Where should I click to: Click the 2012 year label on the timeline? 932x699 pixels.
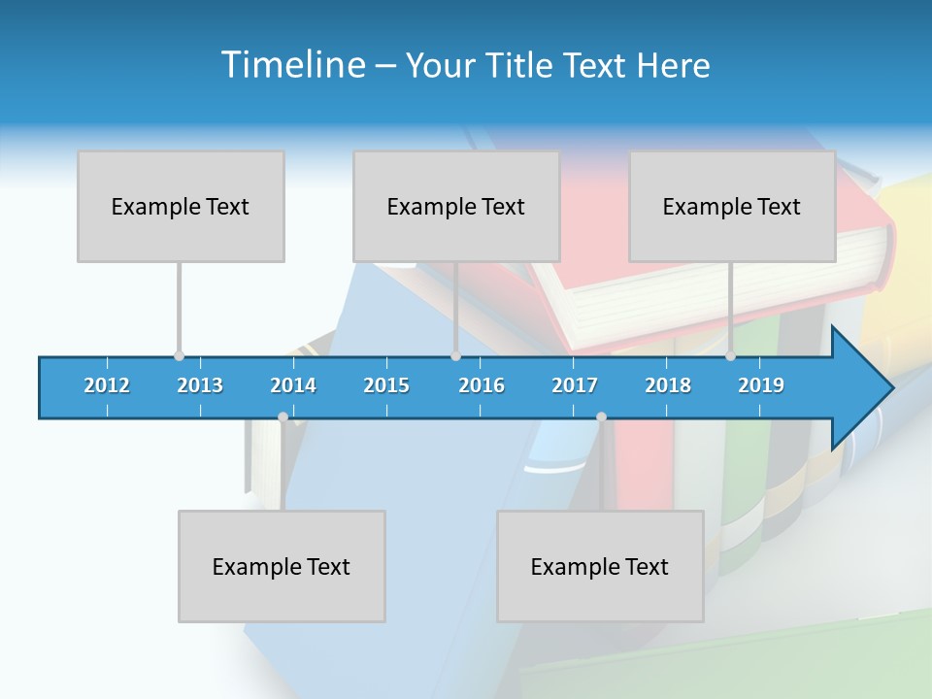[107, 385]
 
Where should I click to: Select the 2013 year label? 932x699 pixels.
[200, 385]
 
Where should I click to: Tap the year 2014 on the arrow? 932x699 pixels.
[293, 385]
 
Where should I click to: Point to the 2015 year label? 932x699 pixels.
[386, 385]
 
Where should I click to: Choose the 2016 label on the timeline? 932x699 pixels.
[482, 385]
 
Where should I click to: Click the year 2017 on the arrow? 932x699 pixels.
[575, 385]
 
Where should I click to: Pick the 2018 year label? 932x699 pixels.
[668, 385]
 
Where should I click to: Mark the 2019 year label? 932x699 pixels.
[761, 385]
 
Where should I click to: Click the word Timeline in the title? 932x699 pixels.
[292, 65]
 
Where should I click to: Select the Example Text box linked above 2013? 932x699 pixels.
[181, 206]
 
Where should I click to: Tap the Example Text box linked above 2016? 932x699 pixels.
[456, 206]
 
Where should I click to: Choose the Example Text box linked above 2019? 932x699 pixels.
[732, 206]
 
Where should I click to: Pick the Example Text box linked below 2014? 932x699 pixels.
[282, 566]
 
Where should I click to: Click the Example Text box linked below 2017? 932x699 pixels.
[600, 566]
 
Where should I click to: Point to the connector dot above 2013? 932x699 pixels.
[179, 356]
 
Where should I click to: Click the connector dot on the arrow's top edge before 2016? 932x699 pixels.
[455, 356]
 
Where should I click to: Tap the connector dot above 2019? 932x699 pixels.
[730, 356]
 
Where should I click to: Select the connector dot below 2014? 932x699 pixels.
[283, 417]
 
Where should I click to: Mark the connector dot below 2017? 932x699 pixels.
[601, 417]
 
